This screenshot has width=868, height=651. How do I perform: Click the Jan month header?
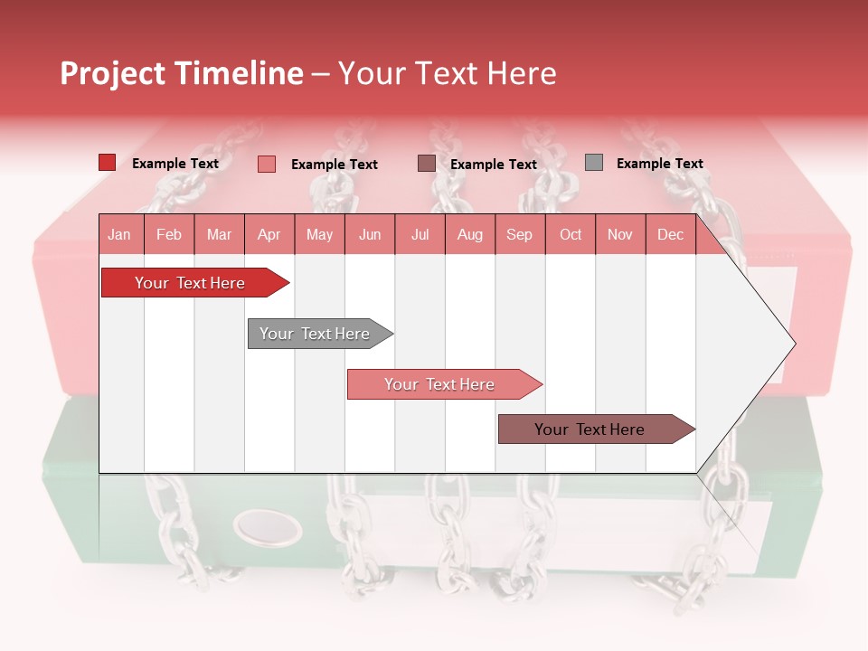click(x=119, y=234)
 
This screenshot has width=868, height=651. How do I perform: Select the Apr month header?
click(x=269, y=234)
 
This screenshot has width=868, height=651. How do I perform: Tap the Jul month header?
click(x=420, y=234)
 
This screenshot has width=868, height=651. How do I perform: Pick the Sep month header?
click(x=519, y=234)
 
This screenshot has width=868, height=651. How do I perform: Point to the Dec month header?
click(x=670, y=234)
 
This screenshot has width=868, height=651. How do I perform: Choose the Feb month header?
click(x=169, y=234)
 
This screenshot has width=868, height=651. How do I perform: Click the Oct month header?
click(x=571, y=234)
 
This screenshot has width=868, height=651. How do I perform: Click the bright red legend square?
click(x=107, y=163)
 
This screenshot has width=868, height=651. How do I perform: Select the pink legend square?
click(x=266, y=164)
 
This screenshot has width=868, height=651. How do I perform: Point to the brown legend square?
click(x=426, y=164)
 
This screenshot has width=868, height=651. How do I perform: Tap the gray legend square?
click(x=593, y=163)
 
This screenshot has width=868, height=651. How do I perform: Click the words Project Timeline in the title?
click(x=182, y=73)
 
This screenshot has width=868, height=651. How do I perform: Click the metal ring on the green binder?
click(x=268, y=526)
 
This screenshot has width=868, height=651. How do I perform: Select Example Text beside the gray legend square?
click(x=659, y=164)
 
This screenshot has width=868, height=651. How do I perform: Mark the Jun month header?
click(x=370, y=234)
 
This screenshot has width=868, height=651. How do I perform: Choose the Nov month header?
click(x=619, y=234)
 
